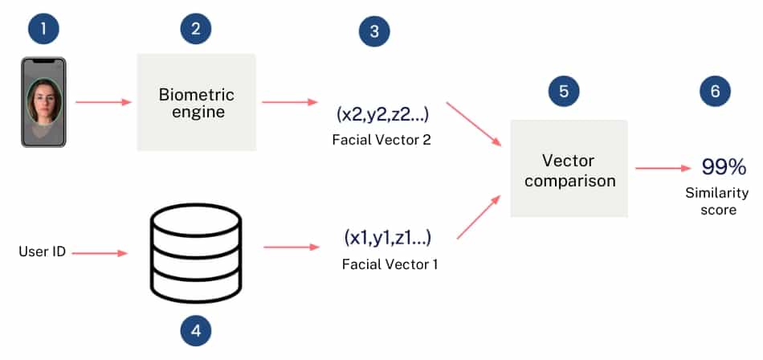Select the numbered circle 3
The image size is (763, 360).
374,33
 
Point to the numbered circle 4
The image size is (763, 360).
196,331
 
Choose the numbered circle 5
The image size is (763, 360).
564,92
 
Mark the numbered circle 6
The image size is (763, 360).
715,92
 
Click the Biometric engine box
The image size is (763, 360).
197,102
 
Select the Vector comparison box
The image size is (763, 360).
569,168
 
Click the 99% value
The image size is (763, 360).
724,167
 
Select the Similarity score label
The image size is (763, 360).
716,201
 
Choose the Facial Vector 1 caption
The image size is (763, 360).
390,264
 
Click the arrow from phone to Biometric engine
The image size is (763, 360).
103,102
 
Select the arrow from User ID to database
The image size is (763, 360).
100,252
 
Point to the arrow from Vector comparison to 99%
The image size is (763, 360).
663,168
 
